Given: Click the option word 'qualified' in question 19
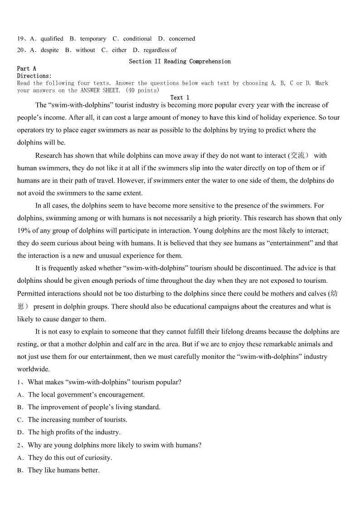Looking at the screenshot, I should pyautogui.click(x=52, y=39).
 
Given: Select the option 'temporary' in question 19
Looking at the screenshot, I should pyautogui.click(x=93, y=39).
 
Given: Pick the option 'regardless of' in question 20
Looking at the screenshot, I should pyautogui.click(x=160, y=50).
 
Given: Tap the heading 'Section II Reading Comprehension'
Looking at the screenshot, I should pyautogui.click(x=180, y=62).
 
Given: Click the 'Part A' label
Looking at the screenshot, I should pyautogui.click(x=27, y=69).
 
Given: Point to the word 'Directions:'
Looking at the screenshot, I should pyautogui.click(x=34, y=76).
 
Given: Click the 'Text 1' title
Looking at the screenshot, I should pyautogui.click(x=180, y=98).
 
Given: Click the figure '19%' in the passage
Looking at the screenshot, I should pyautogui.click(x=24, y=231).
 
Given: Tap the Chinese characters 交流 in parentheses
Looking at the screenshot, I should pyautogui.click(x=297, y=155).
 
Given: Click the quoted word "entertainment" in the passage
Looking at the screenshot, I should pyautogui.click(x=289, y=243).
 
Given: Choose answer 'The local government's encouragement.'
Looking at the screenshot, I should pyautogui.click(x=86, y=395).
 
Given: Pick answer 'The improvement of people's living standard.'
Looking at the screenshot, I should pyautogui.click(x=94, y=407).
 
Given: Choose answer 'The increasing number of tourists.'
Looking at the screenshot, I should pyautogui.click(x=78, y=420).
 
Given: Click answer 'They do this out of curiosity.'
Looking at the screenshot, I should pyautogui.click(x=70, y=458).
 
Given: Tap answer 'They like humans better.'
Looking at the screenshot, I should pyautogui.click(x=63, y=470).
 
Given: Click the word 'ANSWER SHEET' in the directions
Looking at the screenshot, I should pyautogui.click(x=100, y=91).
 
